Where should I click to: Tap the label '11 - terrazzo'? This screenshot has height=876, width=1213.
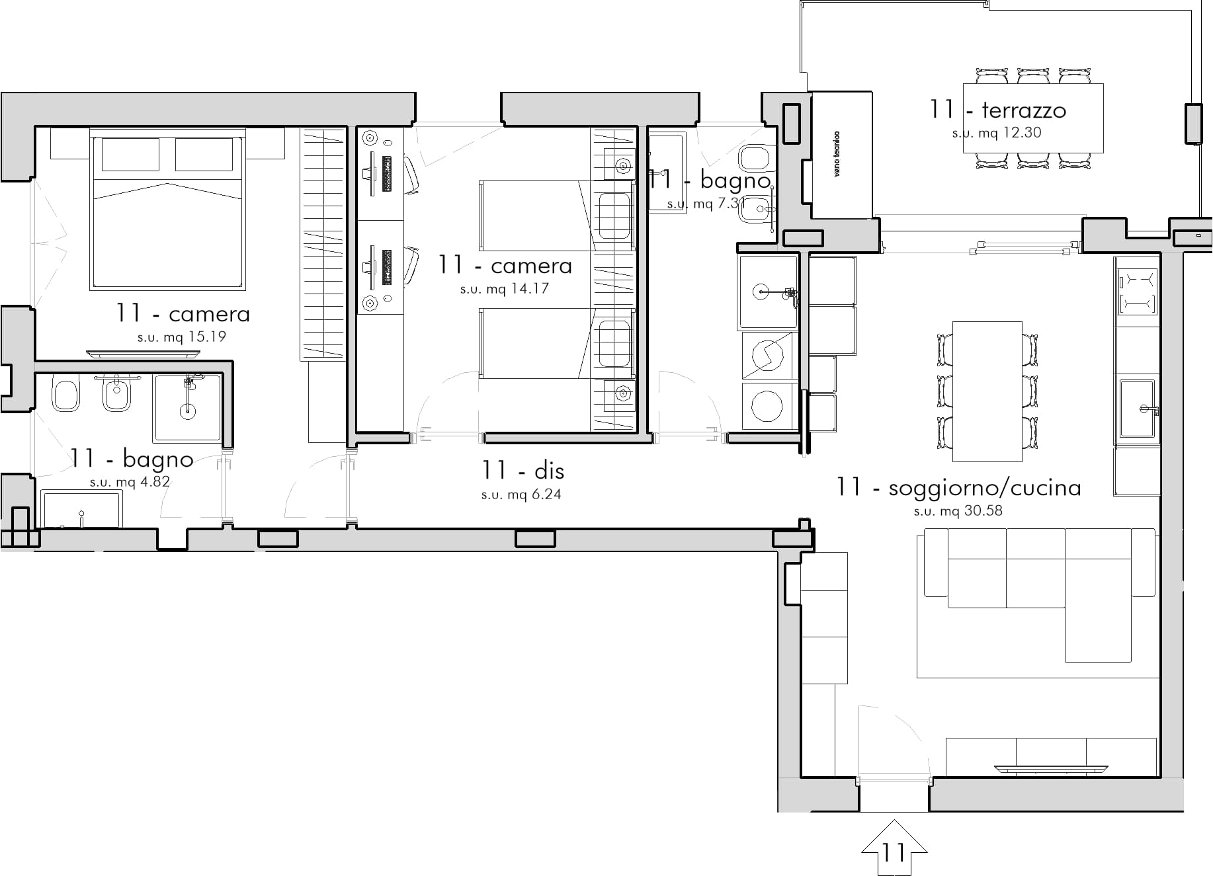[x=998, y=110]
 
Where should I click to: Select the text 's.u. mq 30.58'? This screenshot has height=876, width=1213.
[x=958, y=511]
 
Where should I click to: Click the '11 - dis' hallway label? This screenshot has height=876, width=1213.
[x=523, y=471]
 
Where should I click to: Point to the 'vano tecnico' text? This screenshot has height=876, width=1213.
[x=837, y=153]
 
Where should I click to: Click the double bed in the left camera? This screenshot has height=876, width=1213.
[x=167, y=209]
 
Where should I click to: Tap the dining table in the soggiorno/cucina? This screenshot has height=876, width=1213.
[x=987, y=391]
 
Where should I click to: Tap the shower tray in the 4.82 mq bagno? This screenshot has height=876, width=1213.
[x=188, y=408]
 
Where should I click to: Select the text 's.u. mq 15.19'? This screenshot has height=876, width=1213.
[x=182, y=337]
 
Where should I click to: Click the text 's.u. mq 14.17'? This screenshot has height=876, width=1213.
[x=505, y=289]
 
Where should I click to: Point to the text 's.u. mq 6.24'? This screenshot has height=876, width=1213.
[x=521, y=495]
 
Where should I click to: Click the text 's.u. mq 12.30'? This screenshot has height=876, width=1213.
[x=997, y=133]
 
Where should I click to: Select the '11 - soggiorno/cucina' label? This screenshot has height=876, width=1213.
[x=958, y=488]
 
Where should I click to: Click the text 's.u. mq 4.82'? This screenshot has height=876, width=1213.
[x=130, y=482]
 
